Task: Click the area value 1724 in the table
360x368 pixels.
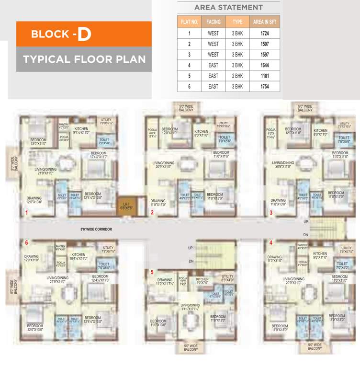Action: (x=265, y=34)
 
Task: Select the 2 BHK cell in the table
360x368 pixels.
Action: (x=237, y=76)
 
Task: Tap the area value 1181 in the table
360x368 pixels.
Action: (x=265, y=76)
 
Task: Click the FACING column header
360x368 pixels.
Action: (x=213, y=22)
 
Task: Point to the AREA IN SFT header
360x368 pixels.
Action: (x=265, y=22)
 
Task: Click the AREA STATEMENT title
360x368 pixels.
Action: (x=228, y=8)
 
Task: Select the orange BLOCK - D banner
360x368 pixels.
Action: (x=84, y=34)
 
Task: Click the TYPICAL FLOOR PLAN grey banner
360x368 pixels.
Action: (x=84, y=59)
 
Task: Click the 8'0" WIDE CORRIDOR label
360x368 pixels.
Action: (x=96, y=230)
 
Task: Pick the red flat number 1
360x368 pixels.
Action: (x=27, y=212)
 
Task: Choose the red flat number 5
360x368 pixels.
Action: (x=152, y=273)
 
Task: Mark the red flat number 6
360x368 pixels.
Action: (x=27, y=243)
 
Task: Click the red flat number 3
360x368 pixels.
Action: (x=271, y=212)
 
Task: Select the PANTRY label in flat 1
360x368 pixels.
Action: (x=63, y=126)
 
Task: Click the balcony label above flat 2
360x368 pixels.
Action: (x=186, y=108)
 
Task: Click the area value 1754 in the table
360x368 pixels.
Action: (x=265, y=87)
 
